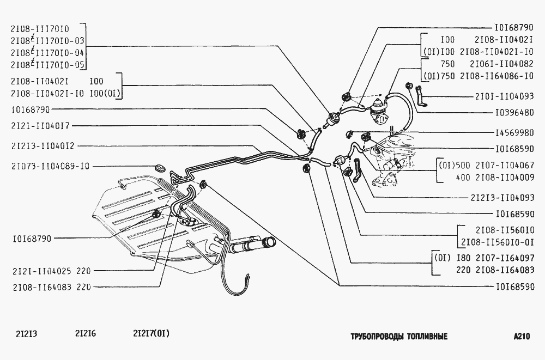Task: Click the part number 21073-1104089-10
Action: click(x=50, y=167)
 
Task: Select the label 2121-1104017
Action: click(x=40, y=126)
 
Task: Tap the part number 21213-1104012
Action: click(x=43, y=146)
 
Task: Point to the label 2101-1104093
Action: click(x=504, y=96)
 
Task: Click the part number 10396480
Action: click(x=514, y=113)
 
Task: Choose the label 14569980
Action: click(x=514, y=133)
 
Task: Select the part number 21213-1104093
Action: click(x=502, y=198)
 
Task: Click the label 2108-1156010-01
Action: click(x=498, y=242)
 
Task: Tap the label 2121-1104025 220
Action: click(x=51, y=271)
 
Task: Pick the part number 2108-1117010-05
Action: click(x=47, y=65)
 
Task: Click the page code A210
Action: click(x=522, y=337)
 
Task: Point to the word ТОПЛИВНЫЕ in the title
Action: click(x=427, y=337)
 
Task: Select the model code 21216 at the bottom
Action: click(x=85, y=334)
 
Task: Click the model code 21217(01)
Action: click(x=151, y=334)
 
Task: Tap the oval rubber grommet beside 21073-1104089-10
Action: click(x=160, y=168)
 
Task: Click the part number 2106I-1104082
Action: click(x=501, y=64)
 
